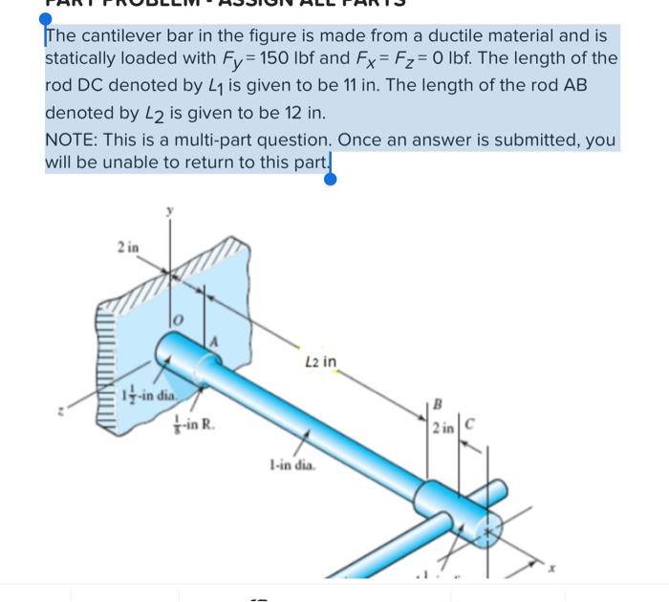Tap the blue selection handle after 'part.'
tap(331, 177)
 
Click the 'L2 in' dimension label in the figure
tap(322, 361)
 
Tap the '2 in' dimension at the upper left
tap(128, 247)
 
